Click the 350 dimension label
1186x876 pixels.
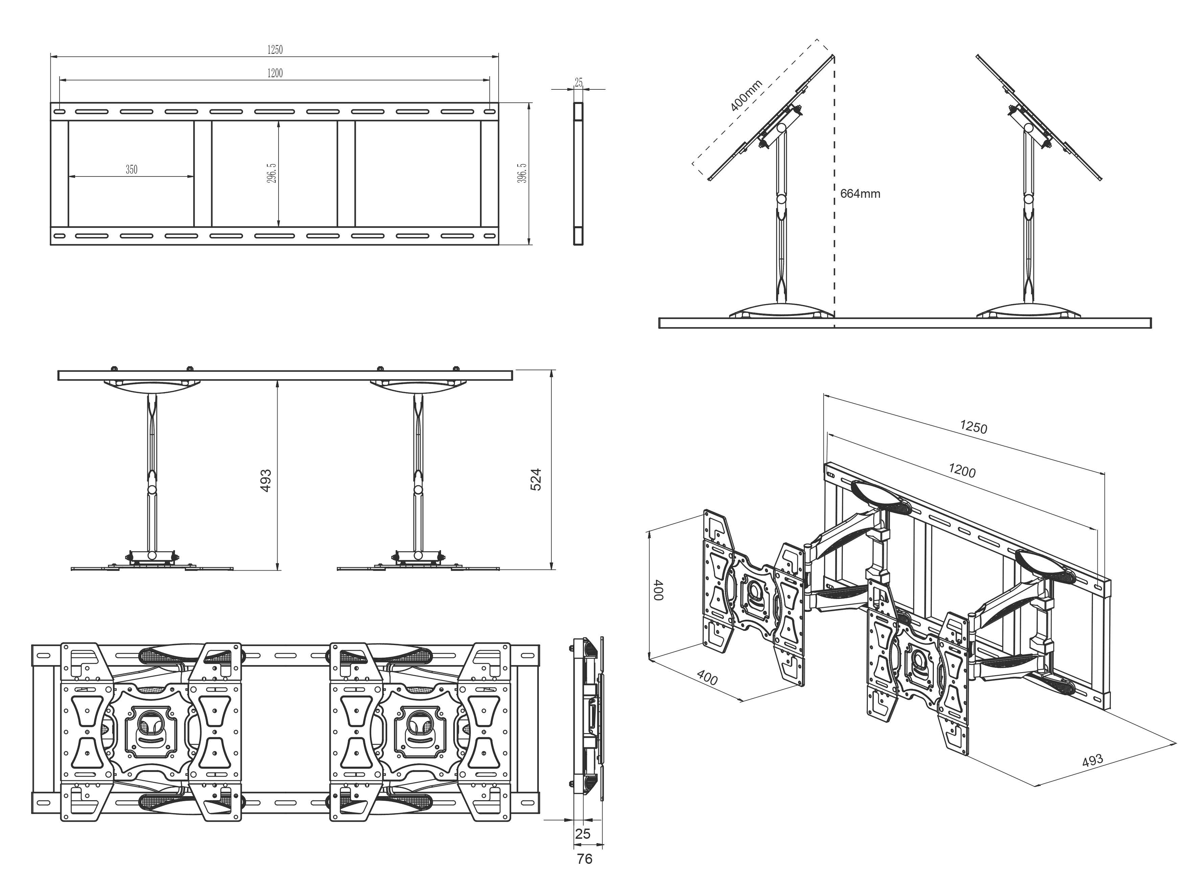click(131, 170)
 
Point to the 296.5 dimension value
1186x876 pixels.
click(271, 173)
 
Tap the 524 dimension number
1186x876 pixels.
click(536, 479)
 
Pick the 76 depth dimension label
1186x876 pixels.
click(585, 858)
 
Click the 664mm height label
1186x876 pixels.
click(860, 194)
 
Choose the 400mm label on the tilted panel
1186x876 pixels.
click(746, 96)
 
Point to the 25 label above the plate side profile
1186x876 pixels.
click(579, 83)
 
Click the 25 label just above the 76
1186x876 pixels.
click(583, 834)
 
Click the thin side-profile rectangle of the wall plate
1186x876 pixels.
click(578, 173)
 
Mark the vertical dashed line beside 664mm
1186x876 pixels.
click(835, 244)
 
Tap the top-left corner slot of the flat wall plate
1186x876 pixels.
click(59, 112)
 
